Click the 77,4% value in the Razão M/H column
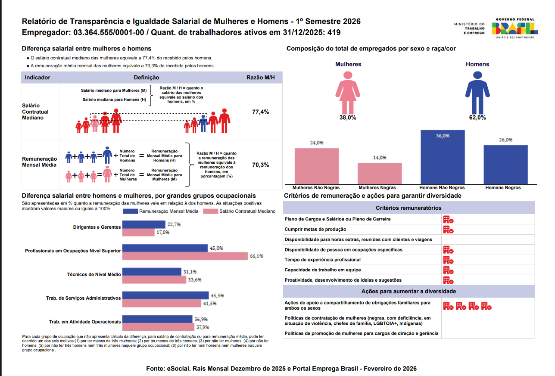tap(260, 112)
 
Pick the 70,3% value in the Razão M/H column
tap(260, 165)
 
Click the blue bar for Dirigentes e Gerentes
tap(144, 224)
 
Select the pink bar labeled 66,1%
tap(185, 256)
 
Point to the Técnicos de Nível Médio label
tap(94, 274)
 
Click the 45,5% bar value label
tap(216, 295)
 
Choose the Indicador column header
tap(38, 78)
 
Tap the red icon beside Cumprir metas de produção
tap(448, 230)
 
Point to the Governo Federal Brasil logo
tap(515, 28)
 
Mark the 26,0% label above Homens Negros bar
tap(505, 140)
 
